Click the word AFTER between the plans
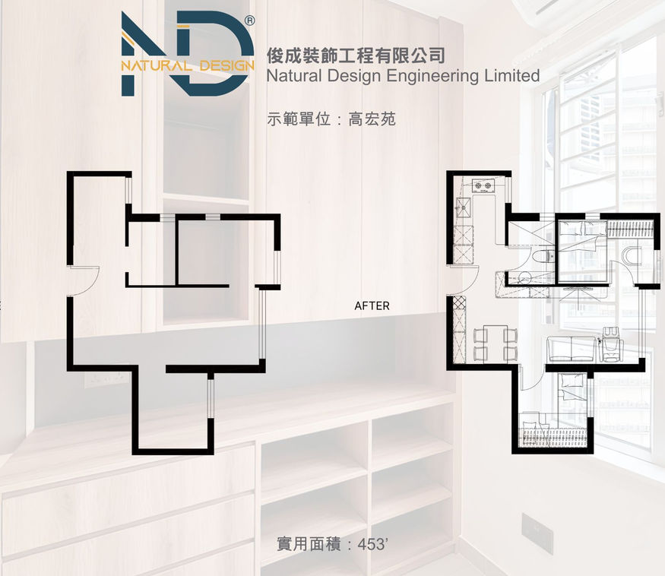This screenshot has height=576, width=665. coord(372,306)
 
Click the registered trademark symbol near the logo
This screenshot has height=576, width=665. coord(249,21)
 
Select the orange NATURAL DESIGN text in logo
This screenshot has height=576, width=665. coord(187,65)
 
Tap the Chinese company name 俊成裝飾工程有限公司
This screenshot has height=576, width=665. coord(356,55)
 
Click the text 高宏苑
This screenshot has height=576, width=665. coord(372,119)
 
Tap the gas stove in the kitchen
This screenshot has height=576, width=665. coord(481,184)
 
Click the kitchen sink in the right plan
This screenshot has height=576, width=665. coord(462,205)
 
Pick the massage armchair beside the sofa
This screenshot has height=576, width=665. coord(610,343)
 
